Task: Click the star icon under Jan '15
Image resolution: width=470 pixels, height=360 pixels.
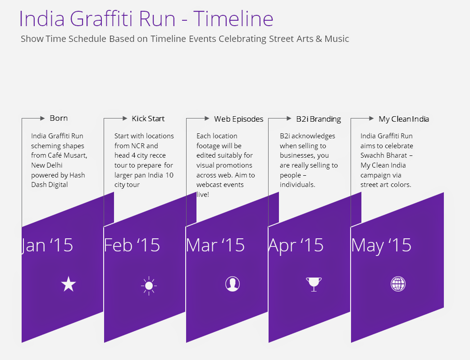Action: pyautogui.click(x=68, y=284)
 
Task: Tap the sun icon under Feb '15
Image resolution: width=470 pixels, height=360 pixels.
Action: pyautogui.click(x=149, y=286)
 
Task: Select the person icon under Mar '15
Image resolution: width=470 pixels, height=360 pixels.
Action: pyautogui.click(x=233, y=284)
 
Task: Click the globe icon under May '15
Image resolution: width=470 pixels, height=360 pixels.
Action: pyautogui.click(x=398, y=284)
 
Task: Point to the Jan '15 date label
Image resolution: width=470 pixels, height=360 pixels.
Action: pyautogui.click(x=47, y=245)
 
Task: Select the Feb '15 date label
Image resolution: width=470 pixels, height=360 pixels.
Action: pyautogui.click(x=132, y=245)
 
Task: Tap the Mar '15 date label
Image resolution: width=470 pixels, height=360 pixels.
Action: pyautogui.click(x=215, y=245)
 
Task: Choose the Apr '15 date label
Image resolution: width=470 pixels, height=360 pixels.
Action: pyautogui.click(x=296, y=246)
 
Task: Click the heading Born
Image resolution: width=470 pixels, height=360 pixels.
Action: pyautogui.click(x=59, y=118)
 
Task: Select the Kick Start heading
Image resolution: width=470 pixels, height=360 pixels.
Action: pyautogui.click(x=148, y=118)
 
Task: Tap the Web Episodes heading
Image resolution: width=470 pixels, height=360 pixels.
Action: pyautogui.click(x=238, y=119)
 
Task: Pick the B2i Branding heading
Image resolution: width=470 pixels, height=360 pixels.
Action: pyautogui.click(x=318, y=119)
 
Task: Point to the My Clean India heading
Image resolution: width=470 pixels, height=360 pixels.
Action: pyautogui.click(x=403, y=119)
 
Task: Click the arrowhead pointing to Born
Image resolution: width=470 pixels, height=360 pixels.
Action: pyautogui.click(x=42, y=118)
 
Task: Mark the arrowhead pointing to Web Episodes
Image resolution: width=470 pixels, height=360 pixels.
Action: pyautogui.click(x=207, y=118)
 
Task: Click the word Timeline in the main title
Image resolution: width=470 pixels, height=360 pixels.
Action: pyautogui.click(x=233, y=18)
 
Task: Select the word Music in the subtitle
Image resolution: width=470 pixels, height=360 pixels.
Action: pyautogui.click(x=337, y=39)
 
